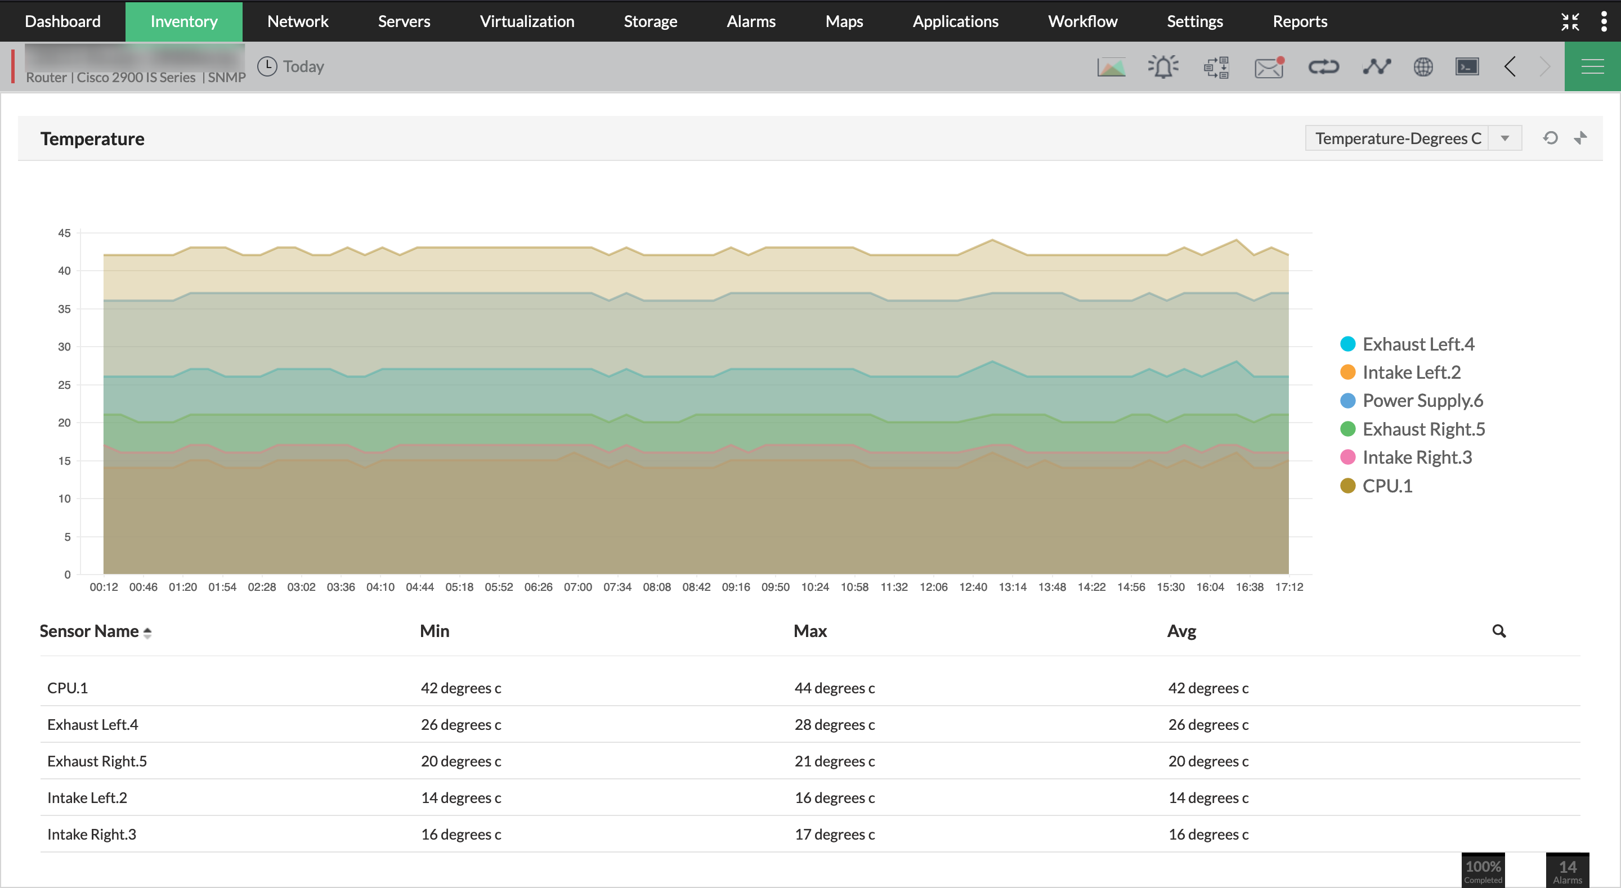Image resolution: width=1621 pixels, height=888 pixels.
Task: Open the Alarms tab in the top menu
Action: [751, 21]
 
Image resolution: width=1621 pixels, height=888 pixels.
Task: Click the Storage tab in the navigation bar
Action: [650, 21]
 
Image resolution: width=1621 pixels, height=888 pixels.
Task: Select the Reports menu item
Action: [1300, 21]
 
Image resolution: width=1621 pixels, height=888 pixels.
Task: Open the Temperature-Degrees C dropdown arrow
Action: [1504, 138]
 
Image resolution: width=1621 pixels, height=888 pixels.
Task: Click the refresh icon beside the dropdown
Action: [1551, 138]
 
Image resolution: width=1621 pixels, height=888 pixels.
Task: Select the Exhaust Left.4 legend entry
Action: [1418, 344]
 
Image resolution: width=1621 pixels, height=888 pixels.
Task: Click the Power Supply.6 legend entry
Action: [1422, 401]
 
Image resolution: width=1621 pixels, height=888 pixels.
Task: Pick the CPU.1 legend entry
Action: [1387, 486]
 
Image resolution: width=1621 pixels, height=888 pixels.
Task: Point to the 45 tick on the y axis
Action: [64, 234]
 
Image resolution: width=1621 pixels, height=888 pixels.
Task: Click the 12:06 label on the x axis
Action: [933, 587]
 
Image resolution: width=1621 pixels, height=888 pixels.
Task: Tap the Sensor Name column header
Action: [89, 631]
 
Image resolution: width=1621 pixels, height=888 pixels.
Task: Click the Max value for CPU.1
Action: [834, 688]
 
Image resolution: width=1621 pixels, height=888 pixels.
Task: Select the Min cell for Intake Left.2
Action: [460, 798]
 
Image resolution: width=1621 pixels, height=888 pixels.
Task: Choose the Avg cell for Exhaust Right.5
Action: [1208, 761]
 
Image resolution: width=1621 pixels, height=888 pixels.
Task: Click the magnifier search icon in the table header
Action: [1499, 631]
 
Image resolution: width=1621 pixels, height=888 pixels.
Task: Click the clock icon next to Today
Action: [267, 67]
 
